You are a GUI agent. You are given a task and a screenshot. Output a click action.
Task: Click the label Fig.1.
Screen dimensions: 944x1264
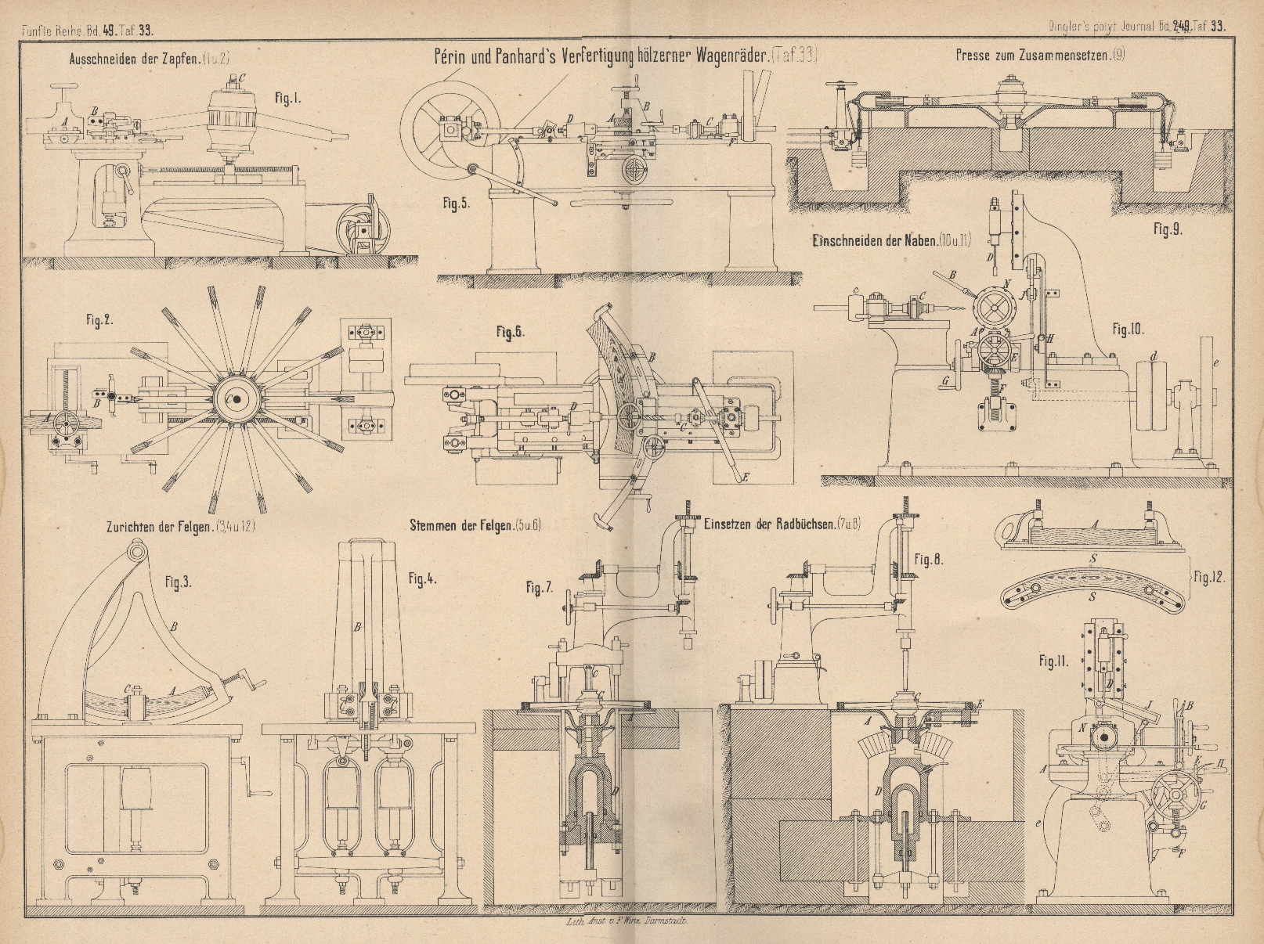click(x=288, y=99)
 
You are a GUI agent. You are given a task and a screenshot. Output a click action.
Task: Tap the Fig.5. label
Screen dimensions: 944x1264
click(x=454, y=204)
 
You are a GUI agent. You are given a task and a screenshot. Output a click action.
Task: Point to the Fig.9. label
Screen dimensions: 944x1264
click(x=1167, y=231)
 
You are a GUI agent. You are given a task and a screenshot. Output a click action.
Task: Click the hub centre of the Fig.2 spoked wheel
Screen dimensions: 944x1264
click(x=233, y=398)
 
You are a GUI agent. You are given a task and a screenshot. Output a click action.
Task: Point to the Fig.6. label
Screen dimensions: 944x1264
click(x=509, y=333)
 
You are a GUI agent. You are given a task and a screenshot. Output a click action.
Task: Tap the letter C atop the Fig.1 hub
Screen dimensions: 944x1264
click(x=242, y=77)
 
